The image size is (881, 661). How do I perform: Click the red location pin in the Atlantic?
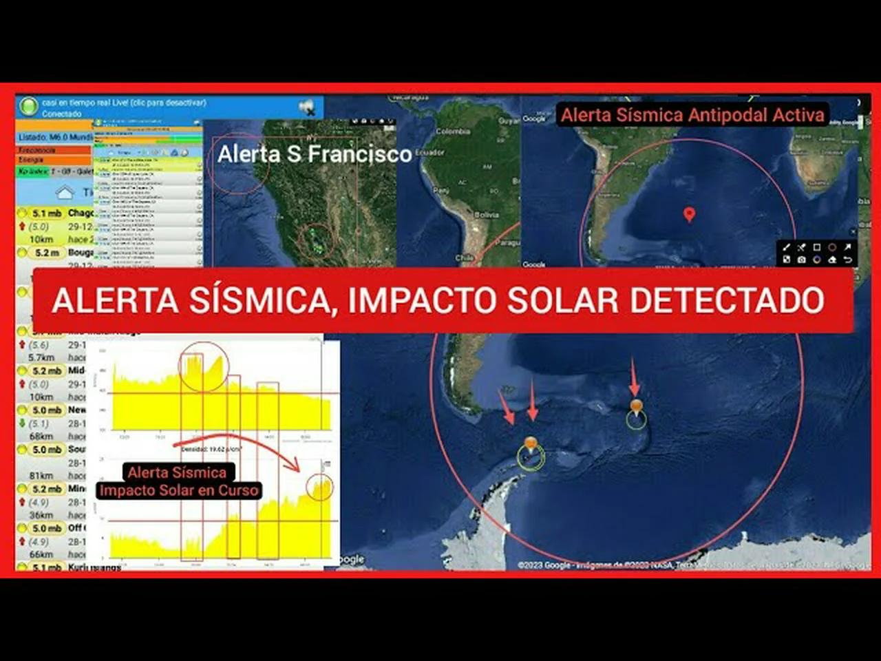coord(689,213)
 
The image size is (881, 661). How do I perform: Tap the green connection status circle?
coord(28,106)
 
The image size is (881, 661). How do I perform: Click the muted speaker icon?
coord(306,107)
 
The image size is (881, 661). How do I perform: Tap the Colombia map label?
coord(453,132)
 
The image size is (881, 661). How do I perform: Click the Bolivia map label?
coord(487,215)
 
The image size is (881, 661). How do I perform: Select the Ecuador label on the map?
coord(430,152)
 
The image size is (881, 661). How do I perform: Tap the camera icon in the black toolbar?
coord(801,260)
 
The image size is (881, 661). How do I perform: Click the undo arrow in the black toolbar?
coord(848,260)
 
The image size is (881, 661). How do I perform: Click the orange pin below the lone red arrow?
coord(636,406)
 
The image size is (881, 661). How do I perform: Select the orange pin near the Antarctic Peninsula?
coord(530,444)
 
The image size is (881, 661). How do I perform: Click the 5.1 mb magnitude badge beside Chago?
coord(46,213)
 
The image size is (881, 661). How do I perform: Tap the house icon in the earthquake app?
coord(64,192)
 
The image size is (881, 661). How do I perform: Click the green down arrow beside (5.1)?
coord(23,423)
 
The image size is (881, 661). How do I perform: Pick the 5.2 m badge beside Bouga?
coord(47,253)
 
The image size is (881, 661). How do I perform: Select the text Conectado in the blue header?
coord(62,114)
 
